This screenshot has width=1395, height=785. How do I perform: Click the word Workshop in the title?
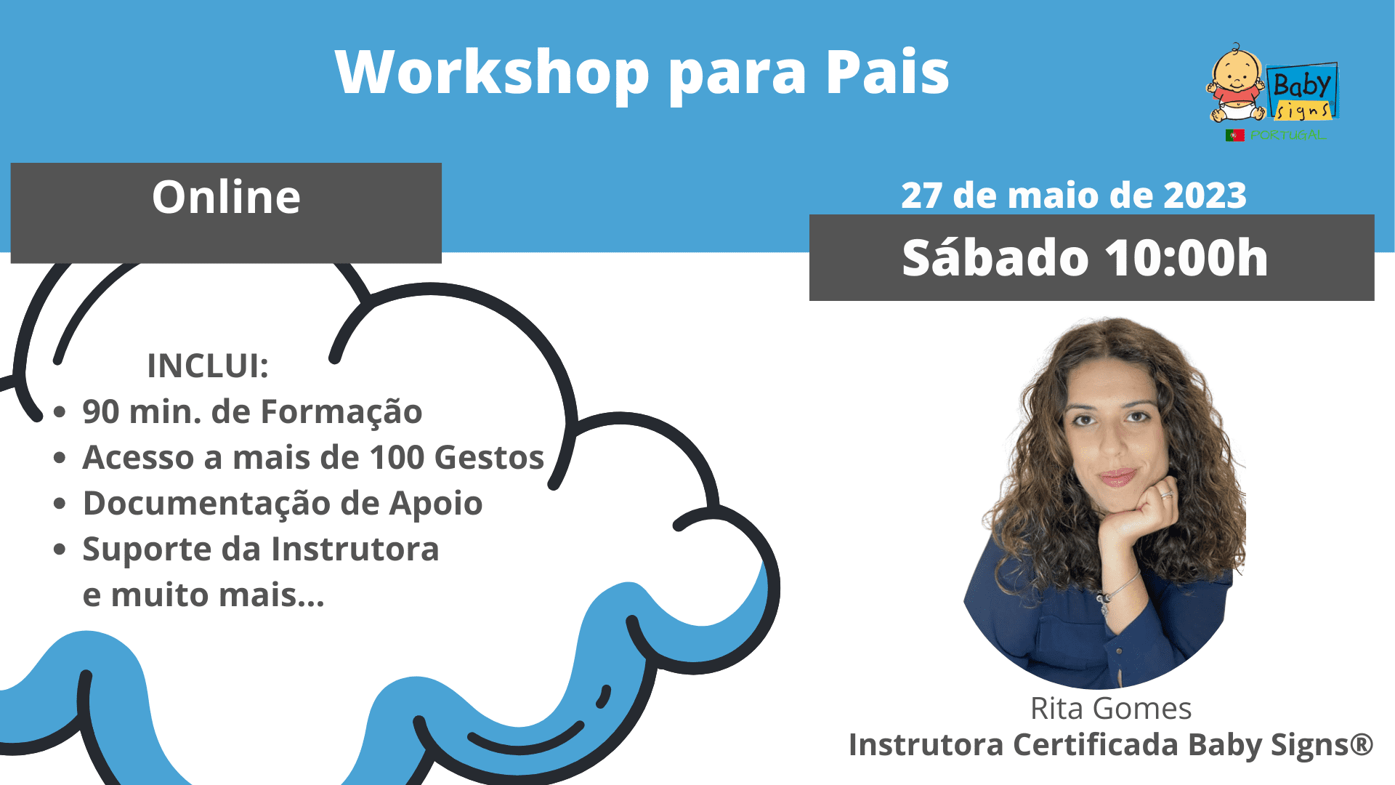click(x=492, y=72)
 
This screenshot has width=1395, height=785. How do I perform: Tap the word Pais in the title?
click(x=887, y=72)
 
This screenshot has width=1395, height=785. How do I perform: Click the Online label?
click(x=226, y=197)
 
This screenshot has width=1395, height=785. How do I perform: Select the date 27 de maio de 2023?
click(x=1074, y=196)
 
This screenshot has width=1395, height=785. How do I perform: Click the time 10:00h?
click(x=1186, y=258)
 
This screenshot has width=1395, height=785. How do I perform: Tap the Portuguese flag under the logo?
click(x=1235, y=135)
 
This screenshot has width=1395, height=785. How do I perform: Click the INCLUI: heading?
click(x=208, y=366)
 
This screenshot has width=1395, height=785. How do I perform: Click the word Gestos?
click(x=489, y=458)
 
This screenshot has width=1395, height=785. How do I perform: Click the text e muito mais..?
click(x=203, y=595)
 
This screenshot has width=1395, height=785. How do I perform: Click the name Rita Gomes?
click(x=1111, y=709)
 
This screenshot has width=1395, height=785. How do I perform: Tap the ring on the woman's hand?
click(x=1166, y=495)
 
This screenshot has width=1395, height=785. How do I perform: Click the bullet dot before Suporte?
click(x=60, y=549)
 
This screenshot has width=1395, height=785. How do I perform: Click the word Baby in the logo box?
click(x=1302, y=85)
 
